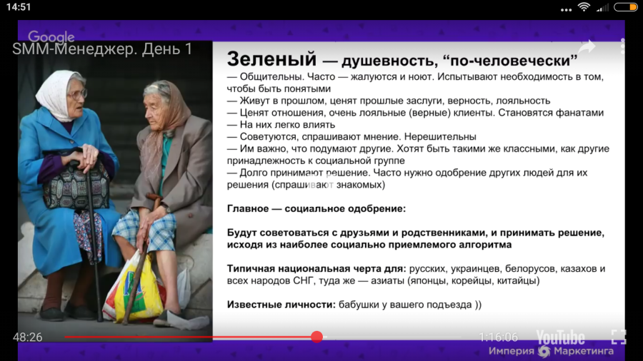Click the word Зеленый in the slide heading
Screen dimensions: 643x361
(x=271, y=59)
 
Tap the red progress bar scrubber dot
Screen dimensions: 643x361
(x=316, y=337)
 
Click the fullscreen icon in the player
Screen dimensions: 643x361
(x=619, y=337)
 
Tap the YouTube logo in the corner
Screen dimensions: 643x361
(x=560, y=337)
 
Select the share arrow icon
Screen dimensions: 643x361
(x=587, y=47)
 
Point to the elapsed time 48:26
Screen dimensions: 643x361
(x=27, y=337)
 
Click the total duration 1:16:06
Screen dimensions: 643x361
(x=498, y=337)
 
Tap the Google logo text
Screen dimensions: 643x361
(x=51, y=37)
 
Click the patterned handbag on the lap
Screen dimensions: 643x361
(x=76, y=186)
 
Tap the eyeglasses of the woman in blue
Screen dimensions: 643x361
(x=78, y=95)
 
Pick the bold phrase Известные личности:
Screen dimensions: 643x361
(x=281, y=305)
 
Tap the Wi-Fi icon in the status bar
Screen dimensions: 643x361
(x=584, y=7)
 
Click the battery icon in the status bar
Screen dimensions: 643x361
(x=626, y=7)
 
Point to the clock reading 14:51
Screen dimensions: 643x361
(x=19, y=7)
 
